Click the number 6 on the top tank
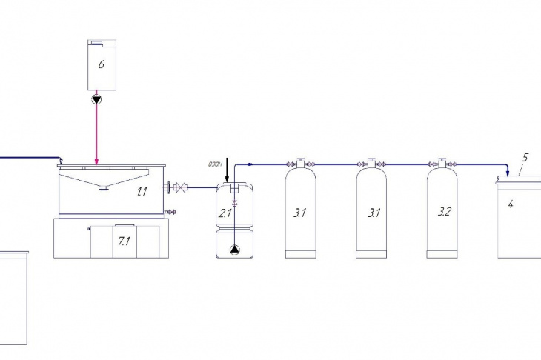(101, 64)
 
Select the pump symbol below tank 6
(96, 100)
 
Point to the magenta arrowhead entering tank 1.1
(96, 161)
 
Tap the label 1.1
(142, 191)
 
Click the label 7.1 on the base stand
(124, 241)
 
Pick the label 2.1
(225, 213)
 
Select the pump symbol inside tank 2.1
(234, 250)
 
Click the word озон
(215, 164)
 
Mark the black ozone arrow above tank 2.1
(227, 170)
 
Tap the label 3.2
(445, 211)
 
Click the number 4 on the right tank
(511, 204)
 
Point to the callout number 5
(525, 158)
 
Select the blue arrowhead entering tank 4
(507, 173)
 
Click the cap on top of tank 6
(96, 42)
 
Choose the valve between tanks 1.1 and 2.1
(179, 187)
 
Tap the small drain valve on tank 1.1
(170, 211)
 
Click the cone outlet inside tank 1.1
(103, 188)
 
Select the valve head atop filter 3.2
(442, 163)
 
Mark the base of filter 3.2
(442, 255)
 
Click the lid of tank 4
(519, 180)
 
